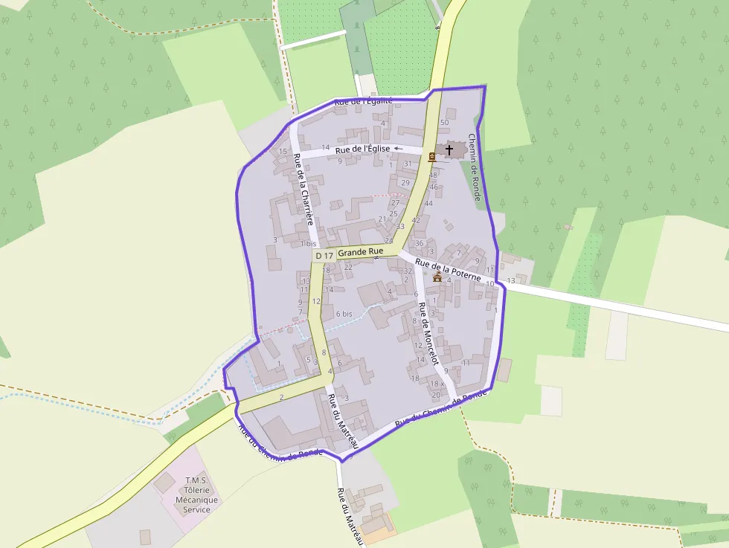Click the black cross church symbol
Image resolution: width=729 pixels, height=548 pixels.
(449, 150)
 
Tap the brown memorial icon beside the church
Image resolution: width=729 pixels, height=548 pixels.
(432, 156)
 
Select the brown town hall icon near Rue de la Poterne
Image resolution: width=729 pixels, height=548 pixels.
(437, 277)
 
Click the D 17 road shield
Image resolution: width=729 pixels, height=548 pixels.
(324, 255)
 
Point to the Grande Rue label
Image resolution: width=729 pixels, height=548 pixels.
(360, 252)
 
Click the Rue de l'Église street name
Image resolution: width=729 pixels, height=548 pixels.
(362, 149)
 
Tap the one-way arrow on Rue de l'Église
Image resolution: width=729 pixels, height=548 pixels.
(397, 149)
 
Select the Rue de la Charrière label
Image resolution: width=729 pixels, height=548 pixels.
(303, 190)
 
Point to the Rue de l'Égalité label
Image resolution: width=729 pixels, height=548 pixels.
(363, 101)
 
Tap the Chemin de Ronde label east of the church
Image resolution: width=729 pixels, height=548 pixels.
(475, 168)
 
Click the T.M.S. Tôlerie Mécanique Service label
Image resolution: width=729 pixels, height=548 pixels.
(196, 494)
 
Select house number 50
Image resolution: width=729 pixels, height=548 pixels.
(445, 123)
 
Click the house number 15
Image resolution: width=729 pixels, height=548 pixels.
(283, 152)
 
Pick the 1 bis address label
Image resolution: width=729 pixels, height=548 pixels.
(308, 244)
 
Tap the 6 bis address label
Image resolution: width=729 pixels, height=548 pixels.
(343, 314)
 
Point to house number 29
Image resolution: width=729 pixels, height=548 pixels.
(405, 182)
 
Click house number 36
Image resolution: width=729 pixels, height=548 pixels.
(420, 243)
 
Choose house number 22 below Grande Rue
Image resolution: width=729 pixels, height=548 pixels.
(348, 267)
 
